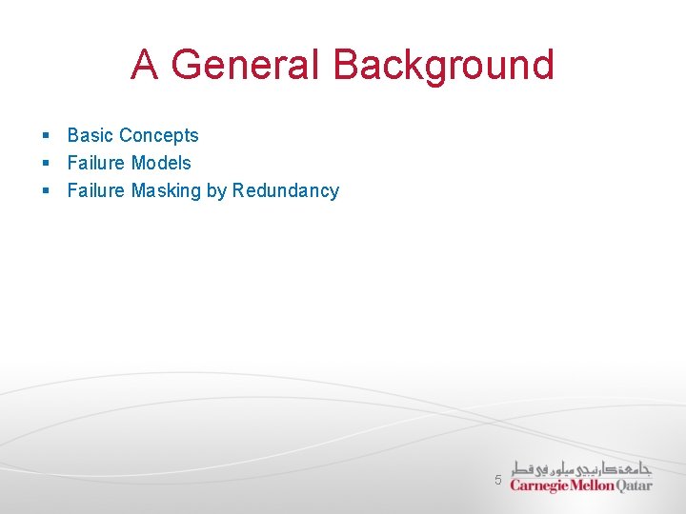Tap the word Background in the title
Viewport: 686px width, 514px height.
pos(443,65)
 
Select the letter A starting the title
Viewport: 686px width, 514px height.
pos(145,65)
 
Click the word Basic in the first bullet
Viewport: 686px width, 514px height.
pos(90,135)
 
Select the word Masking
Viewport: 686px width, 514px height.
pos(166,191)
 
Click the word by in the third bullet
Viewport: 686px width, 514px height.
pos(216,191)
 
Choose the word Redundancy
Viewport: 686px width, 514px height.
pos(286,191)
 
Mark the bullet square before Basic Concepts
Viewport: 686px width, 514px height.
pos(46,136)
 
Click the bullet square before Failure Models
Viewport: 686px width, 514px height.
pos(46,164)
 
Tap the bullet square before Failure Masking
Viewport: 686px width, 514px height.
pos(46,191)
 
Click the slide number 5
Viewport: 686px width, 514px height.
pos(497,480)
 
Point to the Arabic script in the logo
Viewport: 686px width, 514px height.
pos(581,468)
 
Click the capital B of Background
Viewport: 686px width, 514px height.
pos(346,65)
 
